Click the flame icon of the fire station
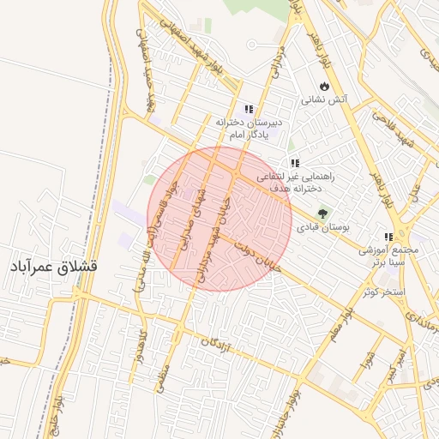[322, 87]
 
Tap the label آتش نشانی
[323, 100]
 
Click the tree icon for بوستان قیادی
[322, 213]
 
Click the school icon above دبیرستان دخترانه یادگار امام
[249, 109]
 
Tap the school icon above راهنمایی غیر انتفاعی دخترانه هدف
[294, 163]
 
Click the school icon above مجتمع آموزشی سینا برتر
[388, 237]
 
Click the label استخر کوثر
[382, 292]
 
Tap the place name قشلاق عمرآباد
[53, 268]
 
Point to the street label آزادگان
[217, 346]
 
